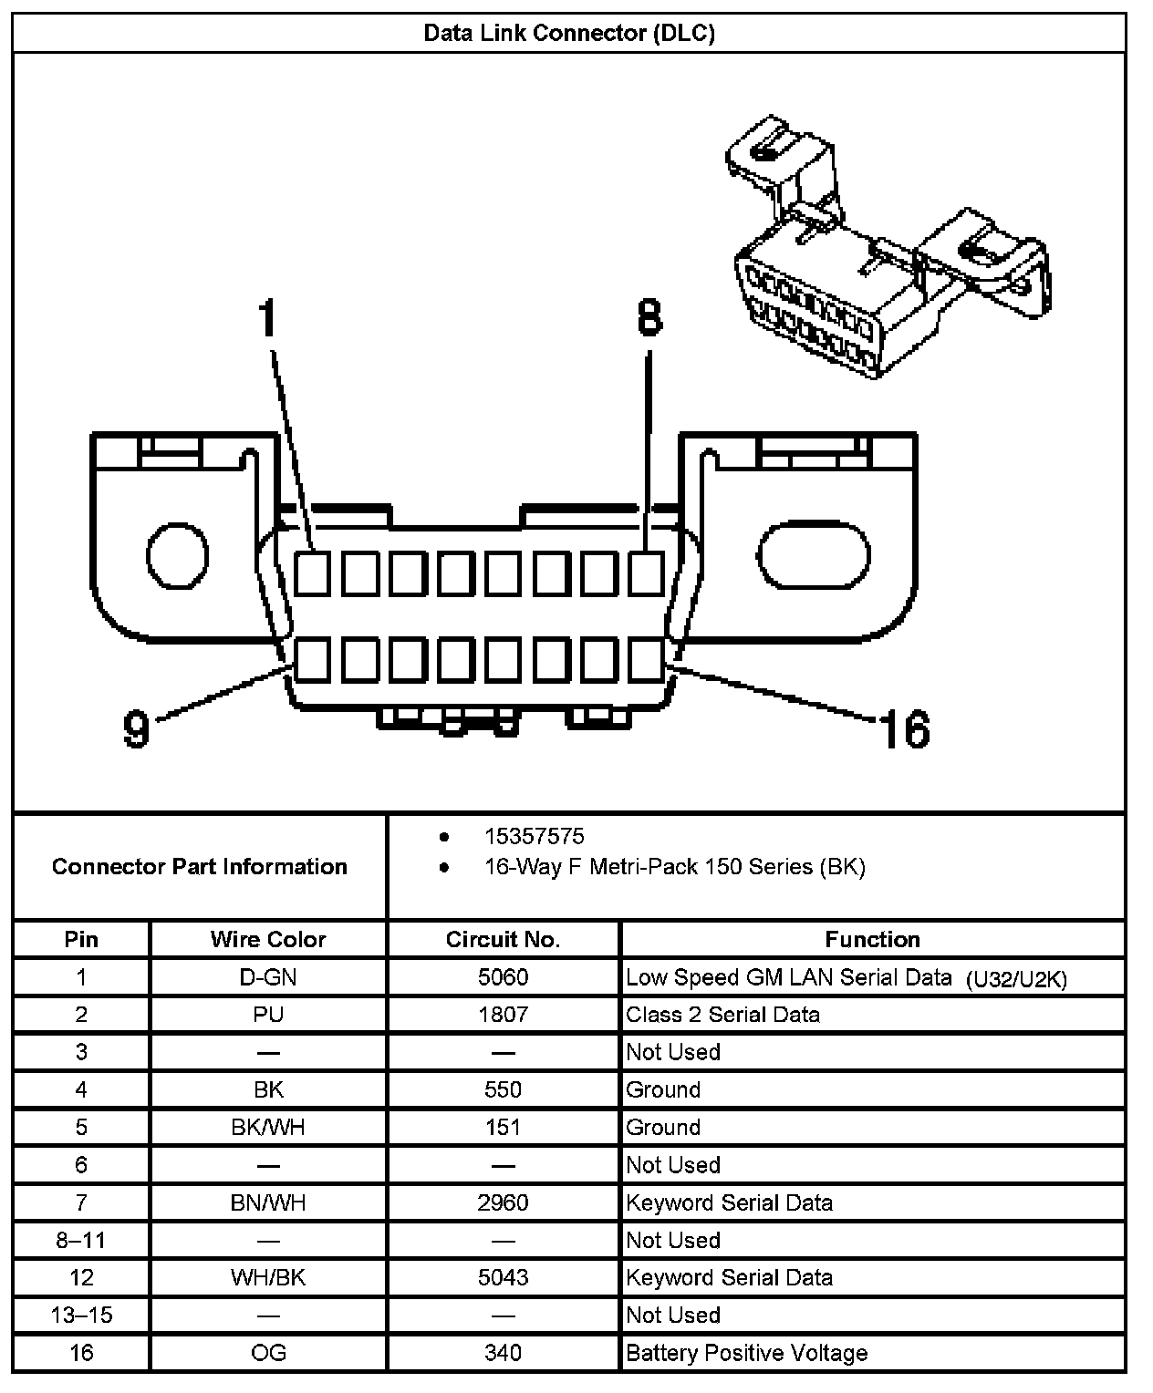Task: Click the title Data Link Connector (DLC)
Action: tap(569, 34)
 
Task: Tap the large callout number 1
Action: tap(266, 319)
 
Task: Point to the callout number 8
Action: tap(648, 319)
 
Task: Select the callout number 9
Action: tap(137, 729)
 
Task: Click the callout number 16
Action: tap(903, 729)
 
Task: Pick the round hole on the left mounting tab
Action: tap(178, 555)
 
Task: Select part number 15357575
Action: tap(534, 836)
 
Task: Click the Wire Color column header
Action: tap(267, 939)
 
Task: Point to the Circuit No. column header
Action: tap(503, 939)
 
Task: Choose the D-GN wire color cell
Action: tap(267, 977)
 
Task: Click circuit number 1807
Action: tap(503, 1015)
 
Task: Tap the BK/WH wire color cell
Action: tap(267, 1128)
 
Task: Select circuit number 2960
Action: tap(503, 1202)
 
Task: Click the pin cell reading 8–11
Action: tap(81, 1240)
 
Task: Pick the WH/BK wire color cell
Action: tap(267, 1277)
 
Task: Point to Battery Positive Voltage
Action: tap(746, 1353)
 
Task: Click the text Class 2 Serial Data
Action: tap(722, 1015)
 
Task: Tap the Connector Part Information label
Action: tap(199, 866)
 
